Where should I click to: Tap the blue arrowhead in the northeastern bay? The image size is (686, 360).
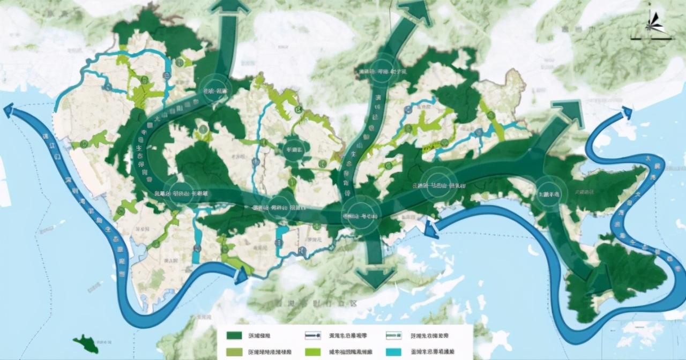point(625,113)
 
